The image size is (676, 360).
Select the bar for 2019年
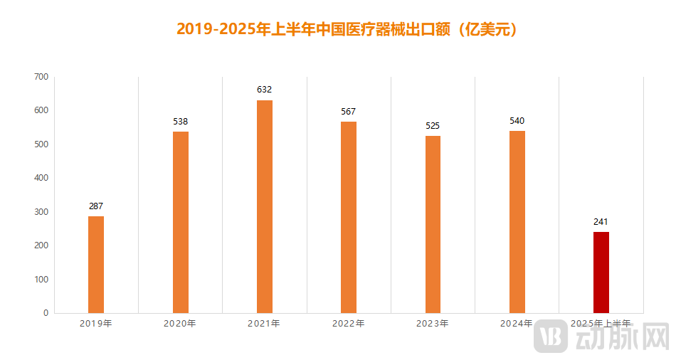pos(96,264)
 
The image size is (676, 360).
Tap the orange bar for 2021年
pos(265,206)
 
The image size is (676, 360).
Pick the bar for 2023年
pos(433,224)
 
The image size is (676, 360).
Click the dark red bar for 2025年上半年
pos(601,272)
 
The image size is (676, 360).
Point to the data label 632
pos(265,90)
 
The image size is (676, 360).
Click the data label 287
pos(96,206)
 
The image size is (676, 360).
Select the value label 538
pos(180,122)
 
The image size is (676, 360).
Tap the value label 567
pos(348,112)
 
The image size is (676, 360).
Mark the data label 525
pos(433,126)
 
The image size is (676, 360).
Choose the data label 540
pos(517,121)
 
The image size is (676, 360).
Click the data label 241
pos(601,222)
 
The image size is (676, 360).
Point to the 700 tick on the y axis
pos(41,77)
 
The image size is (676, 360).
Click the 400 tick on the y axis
pos(41,178)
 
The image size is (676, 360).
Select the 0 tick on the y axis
pos(46,313)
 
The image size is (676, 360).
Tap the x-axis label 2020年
pos(180,324)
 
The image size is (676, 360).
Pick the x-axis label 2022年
pos(348,324)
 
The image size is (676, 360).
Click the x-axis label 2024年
pos(517,324)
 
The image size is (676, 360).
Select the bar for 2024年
pos(517,221)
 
